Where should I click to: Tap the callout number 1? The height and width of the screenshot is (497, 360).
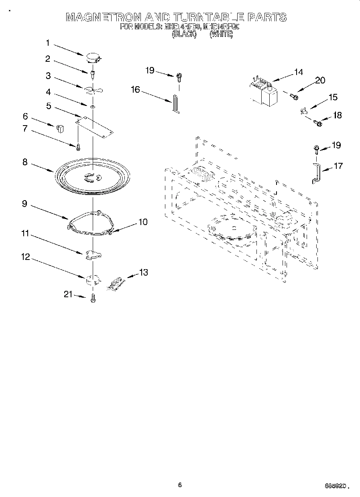pyautogui.click(x=48, y=43)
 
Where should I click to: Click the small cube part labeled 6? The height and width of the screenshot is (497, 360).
pyautogui.click(x=61, y=128)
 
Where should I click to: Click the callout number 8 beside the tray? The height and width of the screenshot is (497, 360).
pyautogui.click(x=25, y=162)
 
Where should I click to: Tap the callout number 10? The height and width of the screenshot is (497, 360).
pyautogui.click(x=143, y=222)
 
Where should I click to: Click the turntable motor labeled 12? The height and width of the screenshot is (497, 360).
pyautogui.click(x=92, y=279)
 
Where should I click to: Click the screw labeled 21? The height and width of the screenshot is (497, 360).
pyautogui.click(x=93, y=298)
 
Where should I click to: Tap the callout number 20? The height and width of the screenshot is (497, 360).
pyautogui.click(x=320, y=80)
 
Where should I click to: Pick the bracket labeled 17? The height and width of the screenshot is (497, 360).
pyautogui.click(x=316, y=173)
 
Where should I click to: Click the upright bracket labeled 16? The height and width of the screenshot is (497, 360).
pyautogui.click(x=175, y=104)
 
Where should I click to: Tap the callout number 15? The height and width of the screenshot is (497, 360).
pyautogui.click(x=333, y=97)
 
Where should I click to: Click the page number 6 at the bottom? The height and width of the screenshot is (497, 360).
pyautogui.click(x=180, y=485)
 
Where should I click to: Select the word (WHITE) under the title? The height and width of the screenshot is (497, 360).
pyautogui.click(x=221, y=34)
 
